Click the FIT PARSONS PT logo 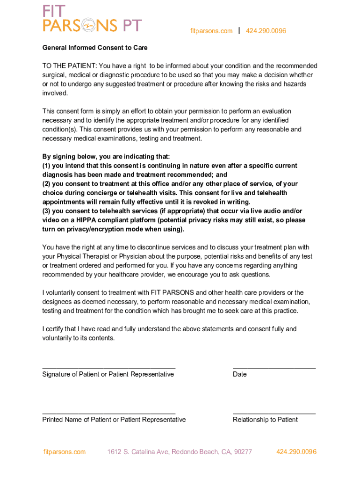[x=92, y=19]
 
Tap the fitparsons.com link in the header [x=211, y=31]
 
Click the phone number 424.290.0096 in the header [x=266, y=31]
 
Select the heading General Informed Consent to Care [x=95, y=48]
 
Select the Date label [x=239, y=374]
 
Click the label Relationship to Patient [x=265, y=420]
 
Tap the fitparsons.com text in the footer [x=65, y=452]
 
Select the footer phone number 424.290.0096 [x=296, y=452]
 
